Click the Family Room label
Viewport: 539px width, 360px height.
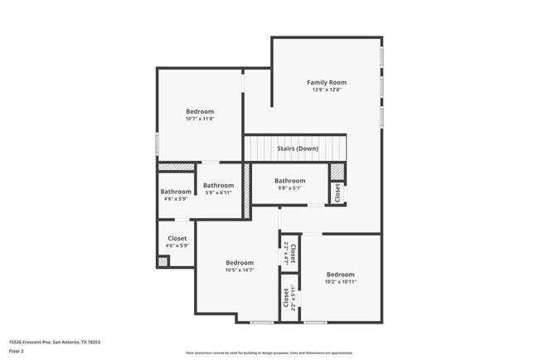coord(327,82)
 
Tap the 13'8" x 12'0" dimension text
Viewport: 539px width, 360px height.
coord(327,90)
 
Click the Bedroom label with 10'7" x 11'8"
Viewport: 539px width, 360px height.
coord(200,111)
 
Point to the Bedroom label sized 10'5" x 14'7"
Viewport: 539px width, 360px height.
coord(240,262)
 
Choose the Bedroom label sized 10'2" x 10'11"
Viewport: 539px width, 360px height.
coord(340,275)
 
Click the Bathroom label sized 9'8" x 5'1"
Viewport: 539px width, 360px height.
coord(290,180)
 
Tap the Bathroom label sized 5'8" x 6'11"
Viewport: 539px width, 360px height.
coord(219,185)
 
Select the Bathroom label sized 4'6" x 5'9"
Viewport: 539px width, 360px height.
coord(175,192)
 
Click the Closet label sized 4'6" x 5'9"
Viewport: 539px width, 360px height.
coord(177,238)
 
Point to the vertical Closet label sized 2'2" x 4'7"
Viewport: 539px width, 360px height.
coord(294,251)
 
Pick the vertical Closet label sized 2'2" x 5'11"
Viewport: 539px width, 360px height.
coord(286,297)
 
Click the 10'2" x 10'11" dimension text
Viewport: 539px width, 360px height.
coord(340,282)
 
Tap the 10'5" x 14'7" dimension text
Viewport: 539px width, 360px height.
coord(240,270)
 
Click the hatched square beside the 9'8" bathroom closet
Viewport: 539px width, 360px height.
coord(337,171)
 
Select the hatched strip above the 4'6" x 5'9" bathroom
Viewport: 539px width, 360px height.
coord(176,167)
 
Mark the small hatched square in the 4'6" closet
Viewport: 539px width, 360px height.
coord(163,262)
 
